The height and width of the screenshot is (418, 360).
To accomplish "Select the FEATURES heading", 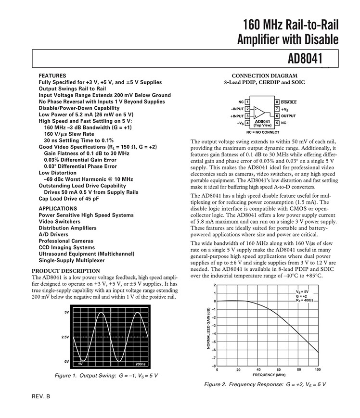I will [x=52, y=76].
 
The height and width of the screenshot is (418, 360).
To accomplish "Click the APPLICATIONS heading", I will [x=58, y=208].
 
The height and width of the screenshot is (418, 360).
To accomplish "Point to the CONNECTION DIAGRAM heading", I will [x=264, y=76].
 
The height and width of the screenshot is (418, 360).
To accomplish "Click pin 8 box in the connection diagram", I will [x=277, y=102].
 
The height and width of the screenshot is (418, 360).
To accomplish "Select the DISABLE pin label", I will [x=289, y=102].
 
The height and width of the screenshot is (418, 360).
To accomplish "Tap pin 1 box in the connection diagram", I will [x=247, y=102].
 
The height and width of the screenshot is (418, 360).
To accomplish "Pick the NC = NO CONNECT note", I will [x=262, y=131].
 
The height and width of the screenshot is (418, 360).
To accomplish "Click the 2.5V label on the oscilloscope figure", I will [x=65, y=337].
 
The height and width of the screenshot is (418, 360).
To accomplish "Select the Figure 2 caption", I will [x=265, y=384].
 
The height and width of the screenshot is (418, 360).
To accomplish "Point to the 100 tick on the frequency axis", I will [x=318, y=369].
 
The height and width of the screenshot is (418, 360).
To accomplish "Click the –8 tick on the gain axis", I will [x=214, y=366].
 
